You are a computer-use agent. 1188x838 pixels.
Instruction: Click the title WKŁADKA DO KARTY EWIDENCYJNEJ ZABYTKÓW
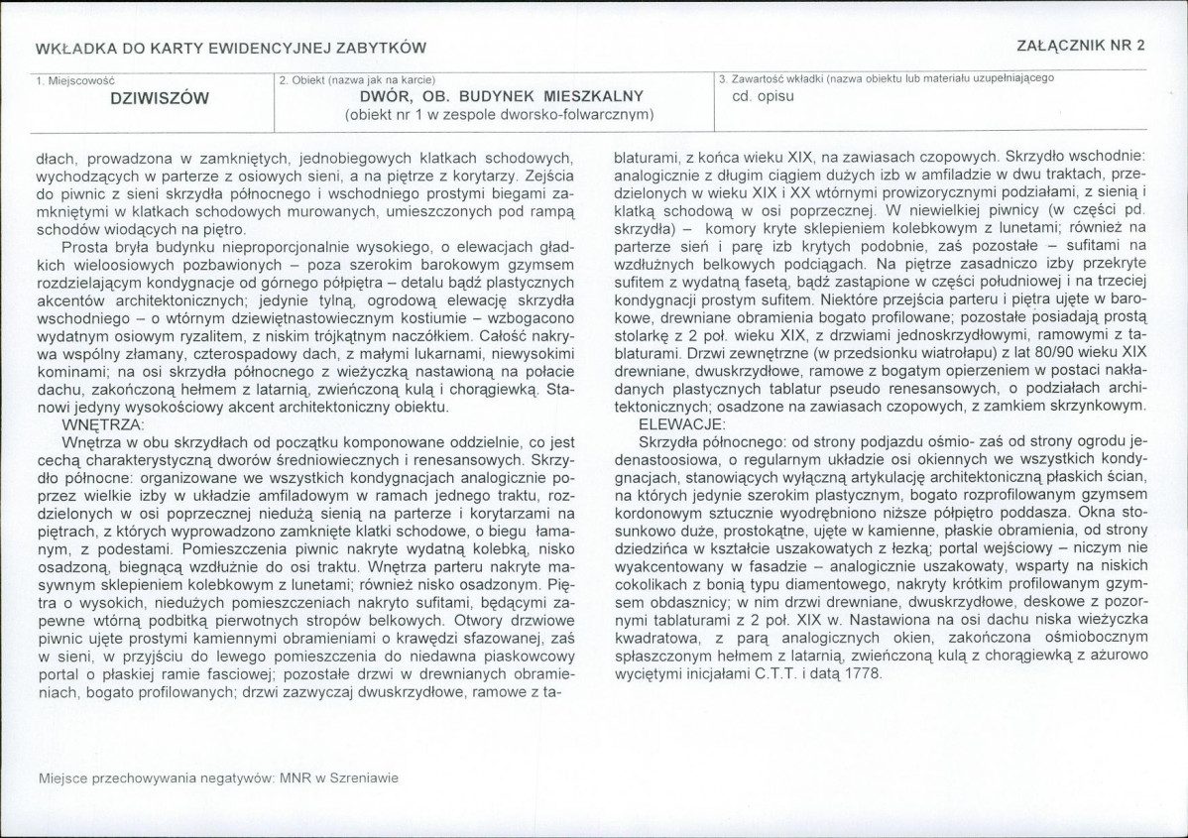(230, 48)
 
